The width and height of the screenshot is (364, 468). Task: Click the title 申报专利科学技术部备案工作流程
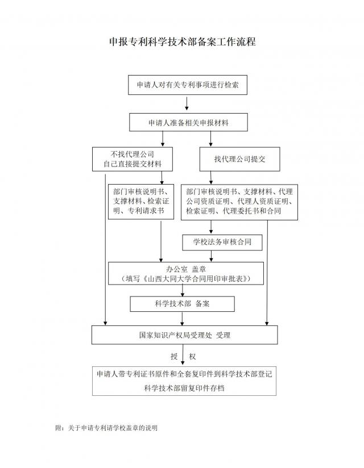point(183,41)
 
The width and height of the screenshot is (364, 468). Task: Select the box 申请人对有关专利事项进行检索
point(188,85)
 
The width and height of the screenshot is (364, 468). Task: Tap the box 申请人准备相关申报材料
point(188,122)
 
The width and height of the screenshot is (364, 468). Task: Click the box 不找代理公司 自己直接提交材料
point(133,159)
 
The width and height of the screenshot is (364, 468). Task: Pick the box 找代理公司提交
point(239,159)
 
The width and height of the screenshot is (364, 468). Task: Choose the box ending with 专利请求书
point(140,202)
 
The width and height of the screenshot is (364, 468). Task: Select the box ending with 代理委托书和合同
point(239,202)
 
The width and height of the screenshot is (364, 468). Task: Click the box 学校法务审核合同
point(222,243)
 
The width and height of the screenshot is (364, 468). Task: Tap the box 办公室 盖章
point(186,273)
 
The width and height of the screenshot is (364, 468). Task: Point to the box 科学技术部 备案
point(183,304)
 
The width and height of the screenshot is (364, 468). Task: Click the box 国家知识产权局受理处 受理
point(185,335)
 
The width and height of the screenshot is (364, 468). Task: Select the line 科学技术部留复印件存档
point(184,388)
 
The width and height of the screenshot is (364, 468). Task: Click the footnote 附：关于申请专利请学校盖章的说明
point(106,428)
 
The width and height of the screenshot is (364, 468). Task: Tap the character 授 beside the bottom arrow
point(174,356)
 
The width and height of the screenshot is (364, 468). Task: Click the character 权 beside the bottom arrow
point(192,356)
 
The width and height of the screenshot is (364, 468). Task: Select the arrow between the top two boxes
point(187,103)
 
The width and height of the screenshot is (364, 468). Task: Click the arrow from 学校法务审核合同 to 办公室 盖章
point(211,256)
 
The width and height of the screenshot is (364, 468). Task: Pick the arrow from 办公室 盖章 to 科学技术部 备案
point(183,290)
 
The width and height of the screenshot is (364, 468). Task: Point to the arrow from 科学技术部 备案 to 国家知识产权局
point(183,319)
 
